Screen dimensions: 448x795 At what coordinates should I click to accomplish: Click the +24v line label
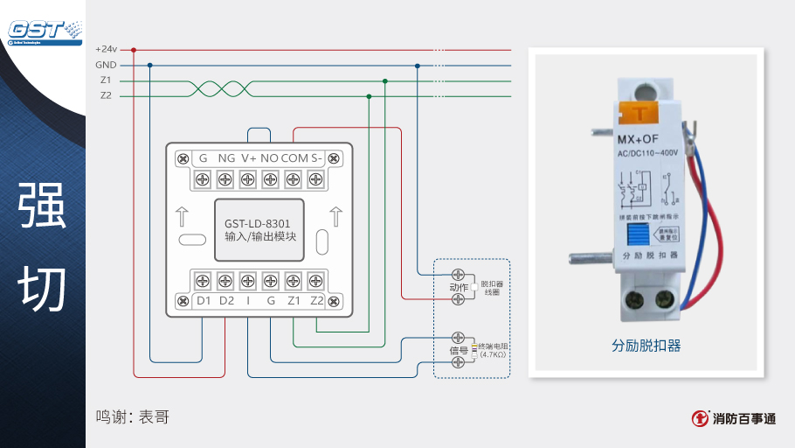click(106, 49)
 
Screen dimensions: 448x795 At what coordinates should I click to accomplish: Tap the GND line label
click(106, 65)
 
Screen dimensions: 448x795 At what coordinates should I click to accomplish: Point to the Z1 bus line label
click(106, 80)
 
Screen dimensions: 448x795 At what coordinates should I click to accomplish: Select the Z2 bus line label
click(106, 95)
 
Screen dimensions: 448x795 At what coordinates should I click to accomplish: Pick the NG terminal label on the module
click(226, 158)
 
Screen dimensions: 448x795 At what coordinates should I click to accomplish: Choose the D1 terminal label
click(204, 301)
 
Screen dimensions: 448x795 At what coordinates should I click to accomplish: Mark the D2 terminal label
click(226, 301)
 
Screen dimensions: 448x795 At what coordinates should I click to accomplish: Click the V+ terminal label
click(249, 158)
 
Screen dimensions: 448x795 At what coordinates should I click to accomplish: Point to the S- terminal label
click(317, 158)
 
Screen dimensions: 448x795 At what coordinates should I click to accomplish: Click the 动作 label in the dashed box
click(459, 287)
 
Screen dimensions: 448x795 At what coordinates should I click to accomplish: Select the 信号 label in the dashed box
click(459, 351)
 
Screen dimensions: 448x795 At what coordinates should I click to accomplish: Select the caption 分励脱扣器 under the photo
click(646, 346)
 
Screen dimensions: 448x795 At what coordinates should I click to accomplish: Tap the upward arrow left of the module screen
click(183, 214)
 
